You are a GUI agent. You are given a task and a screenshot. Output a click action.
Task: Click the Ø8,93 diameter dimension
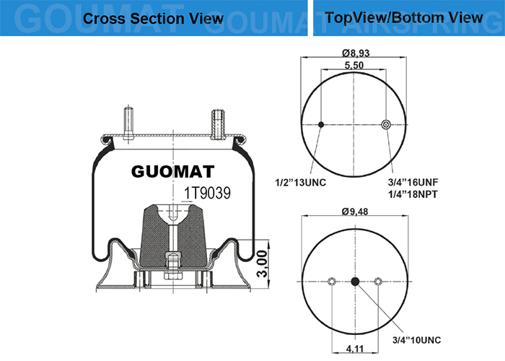tap(356, 53)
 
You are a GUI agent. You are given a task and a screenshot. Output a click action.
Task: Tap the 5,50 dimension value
tap(354, 65)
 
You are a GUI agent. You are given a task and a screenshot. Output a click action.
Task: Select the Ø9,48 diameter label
tap(355, 212)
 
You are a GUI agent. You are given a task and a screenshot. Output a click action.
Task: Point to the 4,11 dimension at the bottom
tap(355, 349)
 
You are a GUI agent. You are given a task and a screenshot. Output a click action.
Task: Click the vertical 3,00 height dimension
tap(263, 264)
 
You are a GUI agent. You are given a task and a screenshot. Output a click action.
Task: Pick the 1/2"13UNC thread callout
tap(300, 183)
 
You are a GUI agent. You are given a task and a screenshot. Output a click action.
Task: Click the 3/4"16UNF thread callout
tap(413, 183)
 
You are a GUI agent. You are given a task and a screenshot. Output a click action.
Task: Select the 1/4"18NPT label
tap(413, 194)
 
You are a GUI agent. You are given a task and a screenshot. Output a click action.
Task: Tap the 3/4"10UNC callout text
tap(416, 340)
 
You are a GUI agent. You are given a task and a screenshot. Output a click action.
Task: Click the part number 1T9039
tap(207, 193)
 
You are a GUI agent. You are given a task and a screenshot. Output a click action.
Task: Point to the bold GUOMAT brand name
tap(172, 172)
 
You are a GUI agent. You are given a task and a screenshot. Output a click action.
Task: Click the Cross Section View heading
tap(153, 18)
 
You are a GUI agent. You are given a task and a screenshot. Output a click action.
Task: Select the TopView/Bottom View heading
tap(404, 17)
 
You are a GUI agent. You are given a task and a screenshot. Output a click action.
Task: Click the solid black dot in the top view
tap(321, 124)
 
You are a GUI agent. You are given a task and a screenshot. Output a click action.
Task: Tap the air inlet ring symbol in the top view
tap(386, 124)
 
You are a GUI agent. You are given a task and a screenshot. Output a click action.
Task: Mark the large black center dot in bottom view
tap(355, 282)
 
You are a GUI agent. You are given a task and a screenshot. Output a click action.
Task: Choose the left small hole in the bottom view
tap(332, 282)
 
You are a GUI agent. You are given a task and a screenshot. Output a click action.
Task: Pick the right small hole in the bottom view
tap(378, 282)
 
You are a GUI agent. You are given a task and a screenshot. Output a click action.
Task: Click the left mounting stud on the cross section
tap(128, 123)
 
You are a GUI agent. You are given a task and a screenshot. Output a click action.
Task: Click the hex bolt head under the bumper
tap(173, 276)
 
